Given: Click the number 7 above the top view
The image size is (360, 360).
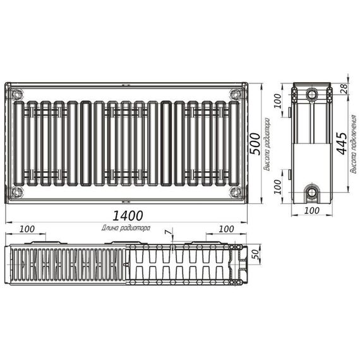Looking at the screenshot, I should tap(167, 233).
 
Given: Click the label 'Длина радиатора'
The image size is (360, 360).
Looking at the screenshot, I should tap(126, 227).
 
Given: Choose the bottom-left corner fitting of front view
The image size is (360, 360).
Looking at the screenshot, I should tap(16, 191).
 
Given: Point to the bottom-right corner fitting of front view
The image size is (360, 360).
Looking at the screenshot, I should tap(236, 191).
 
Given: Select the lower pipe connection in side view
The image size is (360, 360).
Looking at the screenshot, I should tap(312, 192).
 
